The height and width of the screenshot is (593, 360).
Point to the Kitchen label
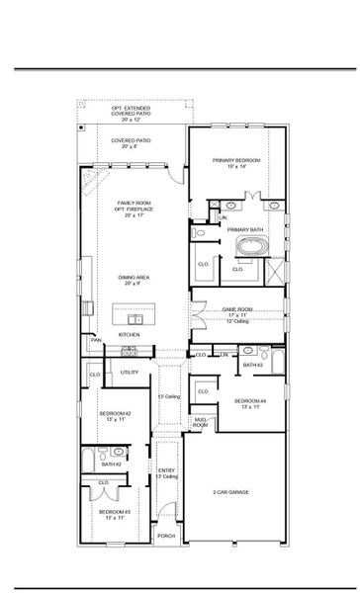pos(130,335)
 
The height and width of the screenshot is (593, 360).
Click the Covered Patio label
pos(131,140)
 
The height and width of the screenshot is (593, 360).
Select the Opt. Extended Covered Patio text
pos(131,108)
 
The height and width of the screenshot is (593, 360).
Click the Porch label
pos(166,536)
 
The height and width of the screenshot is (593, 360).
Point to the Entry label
pos(166,470)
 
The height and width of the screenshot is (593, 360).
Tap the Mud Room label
pos(200,422)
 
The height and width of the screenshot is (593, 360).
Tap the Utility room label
pos(130,372)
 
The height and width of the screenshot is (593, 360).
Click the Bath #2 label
pos(112,463)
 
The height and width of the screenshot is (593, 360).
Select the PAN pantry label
pos(97,340)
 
